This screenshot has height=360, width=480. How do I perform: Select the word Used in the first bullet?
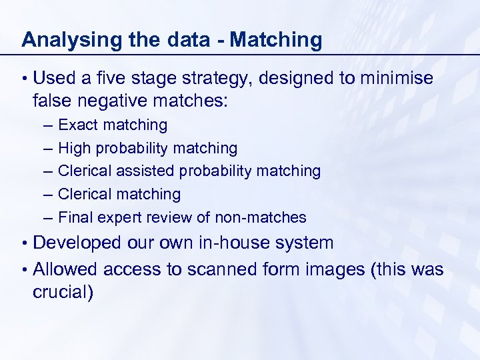[x=54, y=79]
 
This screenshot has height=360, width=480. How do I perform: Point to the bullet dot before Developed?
[x=24, y=243]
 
